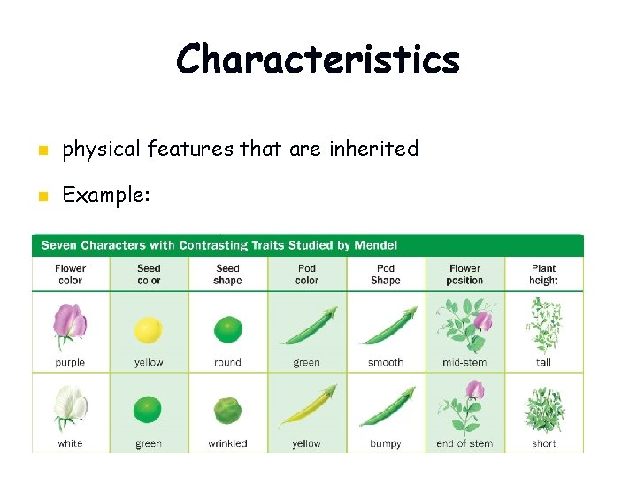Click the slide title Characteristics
318,60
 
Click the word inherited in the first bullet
373,149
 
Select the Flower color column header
70,274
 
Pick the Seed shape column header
227,274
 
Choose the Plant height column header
543,274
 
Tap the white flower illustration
70,408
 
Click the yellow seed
148,331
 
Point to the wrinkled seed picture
227,411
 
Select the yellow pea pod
307,407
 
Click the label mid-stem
464,363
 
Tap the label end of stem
464,443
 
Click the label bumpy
385,443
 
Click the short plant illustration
543,409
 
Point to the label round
227,363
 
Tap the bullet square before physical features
40,150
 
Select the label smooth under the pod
385,363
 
